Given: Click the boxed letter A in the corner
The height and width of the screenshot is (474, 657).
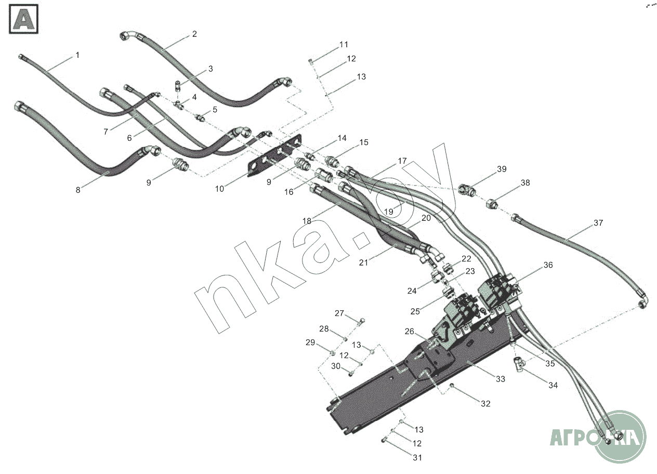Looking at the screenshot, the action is pyautogui.click(x=23, y=19).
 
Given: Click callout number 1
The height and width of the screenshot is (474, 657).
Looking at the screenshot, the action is pyautogui.click(x=77, y=55).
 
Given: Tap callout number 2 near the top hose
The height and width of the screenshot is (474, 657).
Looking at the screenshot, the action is pyautogui.click(x=194, y=34).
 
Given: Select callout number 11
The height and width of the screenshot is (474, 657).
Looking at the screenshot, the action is pyautogui.click(x=344, y=45).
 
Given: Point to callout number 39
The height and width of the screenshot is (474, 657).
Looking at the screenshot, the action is pyautogui.click(x=502, y=169).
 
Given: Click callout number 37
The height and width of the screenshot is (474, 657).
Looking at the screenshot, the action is pyautogui.click(x=598, y=223).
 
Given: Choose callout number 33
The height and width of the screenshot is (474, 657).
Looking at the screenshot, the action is pyautogui.click(x=501, y=379).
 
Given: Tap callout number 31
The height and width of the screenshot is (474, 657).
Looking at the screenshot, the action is pyautogui.click(x=417, y=457).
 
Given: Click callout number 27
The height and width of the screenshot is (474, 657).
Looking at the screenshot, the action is pyautogui.click(x=339, y=313).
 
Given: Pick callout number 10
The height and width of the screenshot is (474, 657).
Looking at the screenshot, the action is pyautogui.click(x=219, y=189).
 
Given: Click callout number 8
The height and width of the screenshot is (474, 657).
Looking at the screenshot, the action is pyautogui.click(x=78, y=190).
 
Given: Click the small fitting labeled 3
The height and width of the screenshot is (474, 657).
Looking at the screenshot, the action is pyautogui.click(x=178, y=86).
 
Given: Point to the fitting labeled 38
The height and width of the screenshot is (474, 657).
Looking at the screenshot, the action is pyautogui.click(x=492, y=204).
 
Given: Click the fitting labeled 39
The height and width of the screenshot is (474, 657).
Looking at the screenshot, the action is pyautogui.click(x=467, y=190).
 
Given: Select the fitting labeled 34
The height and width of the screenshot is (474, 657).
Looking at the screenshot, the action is pyautogui.click(x=519, y=365).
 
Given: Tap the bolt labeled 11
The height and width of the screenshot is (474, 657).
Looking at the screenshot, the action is pyautogui.click(x=310, y=61).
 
